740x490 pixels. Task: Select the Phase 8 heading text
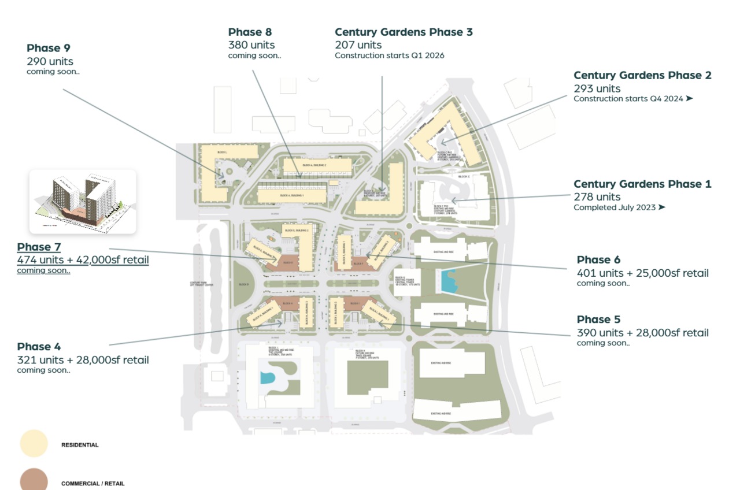point(250,32)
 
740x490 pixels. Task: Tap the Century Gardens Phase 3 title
point(404,32)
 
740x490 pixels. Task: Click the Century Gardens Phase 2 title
point(642,75)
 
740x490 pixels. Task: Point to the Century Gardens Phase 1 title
point(642,184)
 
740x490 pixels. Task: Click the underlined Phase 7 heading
point(39,247)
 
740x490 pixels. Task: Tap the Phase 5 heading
point(598,319)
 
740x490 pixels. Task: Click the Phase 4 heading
point(39,347)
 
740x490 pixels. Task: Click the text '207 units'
point(358,44)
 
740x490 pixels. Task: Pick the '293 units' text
point(597,88)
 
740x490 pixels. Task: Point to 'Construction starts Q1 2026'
point(390,56)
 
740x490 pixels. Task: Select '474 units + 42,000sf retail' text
point(83,260)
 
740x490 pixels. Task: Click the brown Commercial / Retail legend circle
point(34,480)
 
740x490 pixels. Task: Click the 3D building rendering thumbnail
point(83,201)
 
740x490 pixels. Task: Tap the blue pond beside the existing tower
point(448,281)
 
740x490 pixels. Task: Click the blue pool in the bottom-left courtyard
point(267,378)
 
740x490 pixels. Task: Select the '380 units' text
point(251,44)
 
